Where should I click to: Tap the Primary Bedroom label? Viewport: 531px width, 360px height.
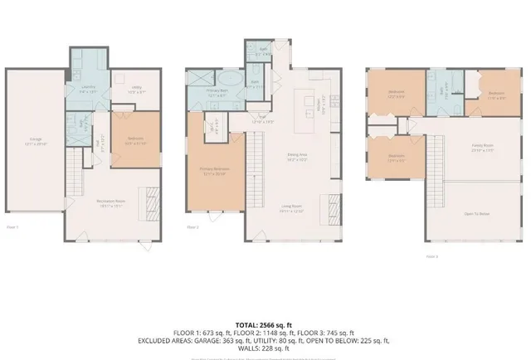tap(213, 171)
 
